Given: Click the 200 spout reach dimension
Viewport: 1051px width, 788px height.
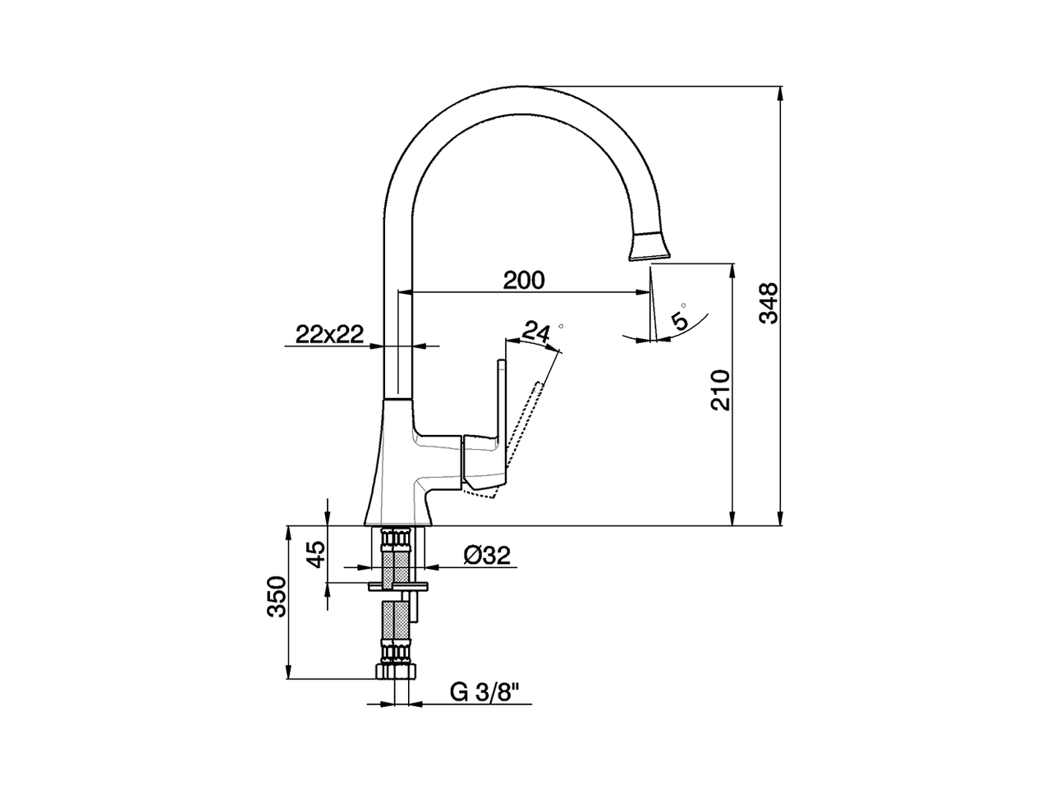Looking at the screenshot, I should point(524,280).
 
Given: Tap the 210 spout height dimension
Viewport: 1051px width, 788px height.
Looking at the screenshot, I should point(719,390).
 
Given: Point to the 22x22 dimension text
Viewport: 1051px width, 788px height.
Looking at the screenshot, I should point(329,333).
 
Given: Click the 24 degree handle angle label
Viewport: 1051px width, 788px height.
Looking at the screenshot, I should point(536,332).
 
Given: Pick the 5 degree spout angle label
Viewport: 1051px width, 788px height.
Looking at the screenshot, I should point(681,319).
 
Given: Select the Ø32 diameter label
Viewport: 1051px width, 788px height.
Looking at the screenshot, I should point(487,556).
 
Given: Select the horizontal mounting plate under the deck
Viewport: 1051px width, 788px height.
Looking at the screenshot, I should point(398,586).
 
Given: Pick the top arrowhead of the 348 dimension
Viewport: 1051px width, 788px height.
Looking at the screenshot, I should point(781,93).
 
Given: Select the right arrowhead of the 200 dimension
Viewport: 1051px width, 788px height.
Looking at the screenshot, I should point(643,291).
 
